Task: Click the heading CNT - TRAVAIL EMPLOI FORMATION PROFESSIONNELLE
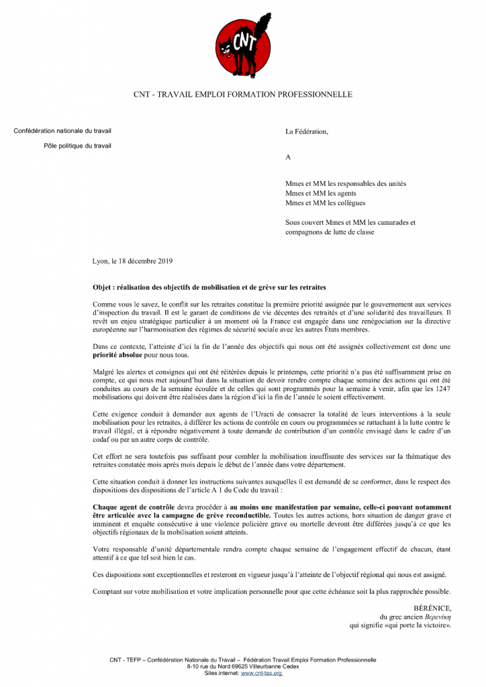[x=242, y=95]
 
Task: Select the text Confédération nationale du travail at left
[x=62, y=130]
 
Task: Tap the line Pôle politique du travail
[x=78, y=146]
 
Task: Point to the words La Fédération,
[x=307, y=131]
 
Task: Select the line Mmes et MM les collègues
[x=326, y=203]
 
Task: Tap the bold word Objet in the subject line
[x=103, y=287]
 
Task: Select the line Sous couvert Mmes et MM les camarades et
[x=350, y=222]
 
